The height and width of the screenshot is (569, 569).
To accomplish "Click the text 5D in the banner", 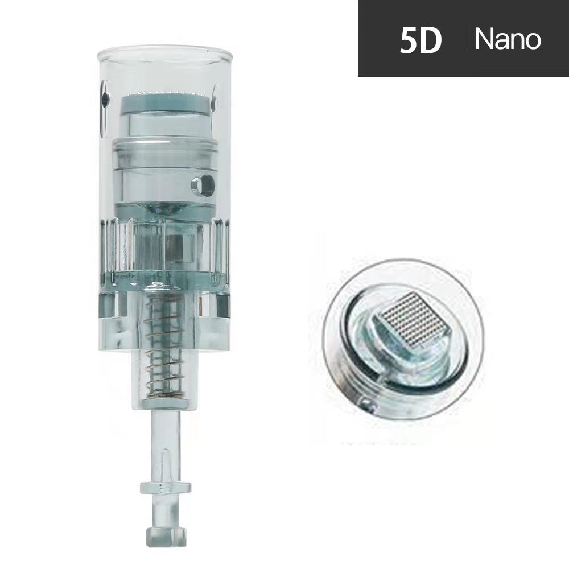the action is (420, 40).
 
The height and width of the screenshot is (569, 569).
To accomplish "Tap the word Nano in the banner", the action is (508, 39).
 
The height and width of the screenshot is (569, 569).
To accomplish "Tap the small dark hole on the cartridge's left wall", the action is (105, 98).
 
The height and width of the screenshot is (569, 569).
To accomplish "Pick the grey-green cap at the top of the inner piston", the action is (166, 102).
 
